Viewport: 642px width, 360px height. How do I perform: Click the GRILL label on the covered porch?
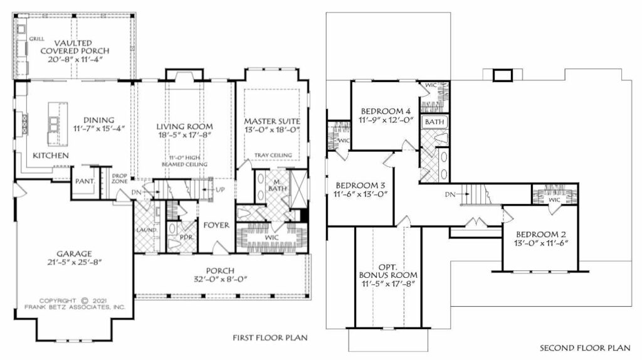point(36,39)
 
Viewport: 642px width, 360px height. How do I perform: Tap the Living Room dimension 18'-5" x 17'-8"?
point(185,135)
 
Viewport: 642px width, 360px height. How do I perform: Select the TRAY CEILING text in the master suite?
point(273,155)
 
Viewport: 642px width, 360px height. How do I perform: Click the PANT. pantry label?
point(85,181)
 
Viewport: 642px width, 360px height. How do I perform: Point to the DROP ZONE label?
point(120,178)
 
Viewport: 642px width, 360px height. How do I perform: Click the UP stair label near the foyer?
point(220,189)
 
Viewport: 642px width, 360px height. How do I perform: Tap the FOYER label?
point(216,225)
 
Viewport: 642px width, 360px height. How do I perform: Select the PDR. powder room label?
point(186,237)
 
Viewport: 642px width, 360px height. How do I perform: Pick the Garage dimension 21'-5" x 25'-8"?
point(74,262)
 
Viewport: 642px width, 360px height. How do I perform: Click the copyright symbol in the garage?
point(85,300)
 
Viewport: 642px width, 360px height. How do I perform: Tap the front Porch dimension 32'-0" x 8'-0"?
point(221,279)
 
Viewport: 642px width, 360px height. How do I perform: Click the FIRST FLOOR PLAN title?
point(270,338)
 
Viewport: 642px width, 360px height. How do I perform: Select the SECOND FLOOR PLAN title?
point(585,348)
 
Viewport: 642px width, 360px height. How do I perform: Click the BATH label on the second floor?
point(434,122)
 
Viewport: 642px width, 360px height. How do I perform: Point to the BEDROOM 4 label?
point(386,112)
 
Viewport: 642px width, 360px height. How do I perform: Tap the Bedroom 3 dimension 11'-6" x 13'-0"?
point(361,194)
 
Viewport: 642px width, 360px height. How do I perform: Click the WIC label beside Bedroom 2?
point(554,200)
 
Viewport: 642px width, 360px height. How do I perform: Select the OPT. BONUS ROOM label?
point(387,271)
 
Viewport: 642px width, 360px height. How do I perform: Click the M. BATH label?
point(278,185)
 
